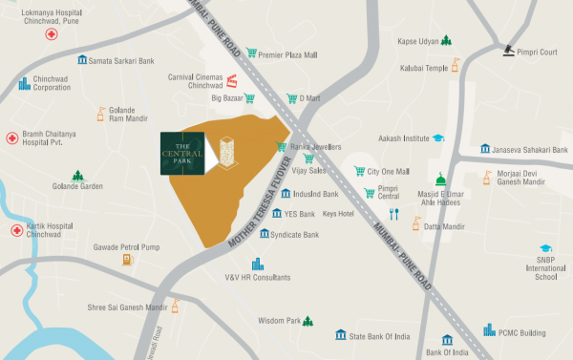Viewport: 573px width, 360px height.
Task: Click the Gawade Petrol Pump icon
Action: pyautogui.click(x=127, y=260)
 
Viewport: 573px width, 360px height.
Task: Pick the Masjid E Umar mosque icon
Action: pyautogui.click(x=440, y=180)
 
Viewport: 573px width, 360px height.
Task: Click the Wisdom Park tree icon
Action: pyautogui.click(x=308, y=321)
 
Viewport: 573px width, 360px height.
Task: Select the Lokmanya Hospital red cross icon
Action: pyautogui.click(x=51, y=34)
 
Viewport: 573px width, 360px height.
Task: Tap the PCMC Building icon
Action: pyautogui.click(x=491, y=332)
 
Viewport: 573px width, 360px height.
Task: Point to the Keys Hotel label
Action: pyautogui.click(x=340, y=214)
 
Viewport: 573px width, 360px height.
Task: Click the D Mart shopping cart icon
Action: pyautogui.click(x=290, y=98)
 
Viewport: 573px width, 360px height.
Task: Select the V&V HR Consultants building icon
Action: pyautogui.click(x=257, y=264)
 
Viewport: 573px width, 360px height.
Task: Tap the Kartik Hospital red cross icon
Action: pyautogui.click(x=16, y=230)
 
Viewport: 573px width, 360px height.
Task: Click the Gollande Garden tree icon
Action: pyautogui.click(x=78, y=176)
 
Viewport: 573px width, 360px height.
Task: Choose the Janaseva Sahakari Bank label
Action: pyautogui.click(x=530, y=149)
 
